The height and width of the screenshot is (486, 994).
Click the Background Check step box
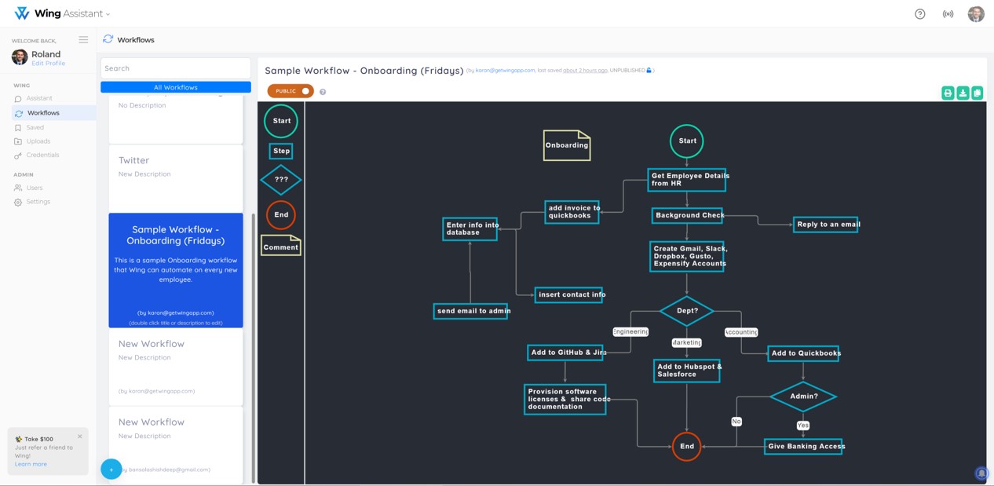pyautogui.click(x=688, y=215)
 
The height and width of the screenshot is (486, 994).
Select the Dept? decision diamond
pyautogui.click(x=687, y=311)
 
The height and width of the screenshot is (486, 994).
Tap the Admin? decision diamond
pyautogui.click(x=803, y=396)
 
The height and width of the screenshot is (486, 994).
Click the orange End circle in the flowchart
pyautogui.click(x=687, y=446)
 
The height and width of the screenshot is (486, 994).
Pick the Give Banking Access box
pyautogui.click(x=803, y=446)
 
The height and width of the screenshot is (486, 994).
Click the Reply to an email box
pyautogui.click(x=825, y=225)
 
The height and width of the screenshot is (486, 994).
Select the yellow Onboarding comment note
pyautogui.click(x=567, y=145)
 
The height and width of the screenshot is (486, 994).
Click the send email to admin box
pyautogui.click(x=471, y=311)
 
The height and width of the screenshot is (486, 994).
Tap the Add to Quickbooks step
pyautogui.click(x=803, y=353)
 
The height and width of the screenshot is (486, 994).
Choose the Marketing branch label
pyautogui.click(x=687, y=342)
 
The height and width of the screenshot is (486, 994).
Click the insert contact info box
pyautogui.click(x=569, y=294)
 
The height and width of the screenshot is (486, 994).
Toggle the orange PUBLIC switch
pyautogui.click(x=291, y=91)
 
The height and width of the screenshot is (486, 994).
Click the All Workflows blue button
pyautogui.click(x=176, y=87)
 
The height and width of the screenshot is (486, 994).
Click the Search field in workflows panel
pyautogui.click(x=176, y=68)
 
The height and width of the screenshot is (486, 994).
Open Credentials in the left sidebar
pyautogui.click(x=42, y=155)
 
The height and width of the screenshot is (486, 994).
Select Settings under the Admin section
pyautogui.click(x=38, y=202)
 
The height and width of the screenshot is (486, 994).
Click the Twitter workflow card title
pyautogui.click(x=133, y=160)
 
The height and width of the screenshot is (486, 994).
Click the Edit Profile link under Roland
pyautogui.click(x=48, y=64)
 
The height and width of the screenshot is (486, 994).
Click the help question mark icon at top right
pyautogui.click(x=920, y=14)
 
